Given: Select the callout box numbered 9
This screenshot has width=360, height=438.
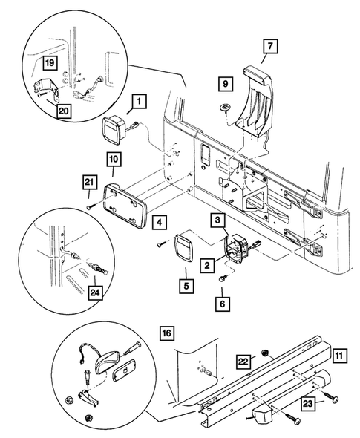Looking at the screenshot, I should [225, 83].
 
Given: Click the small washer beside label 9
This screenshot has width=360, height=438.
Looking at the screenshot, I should [225, 108].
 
